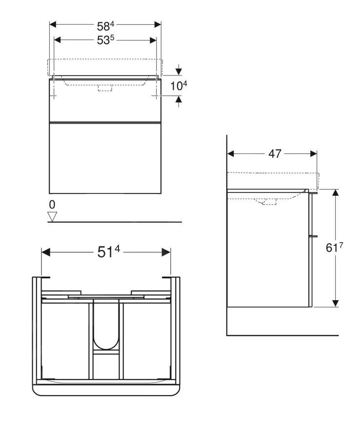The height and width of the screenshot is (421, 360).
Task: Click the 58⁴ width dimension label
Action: (x=105, y=26)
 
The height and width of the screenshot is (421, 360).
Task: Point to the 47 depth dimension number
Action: (x=275, y=154)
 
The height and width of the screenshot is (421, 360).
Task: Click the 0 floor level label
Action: (x=52, y=204)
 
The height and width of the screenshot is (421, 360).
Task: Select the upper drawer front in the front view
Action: (x=105, y=100)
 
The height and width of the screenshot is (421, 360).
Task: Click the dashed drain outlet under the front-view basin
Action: (x=105, y=88)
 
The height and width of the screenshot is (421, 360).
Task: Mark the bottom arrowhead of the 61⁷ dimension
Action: (x=336, y=303)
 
